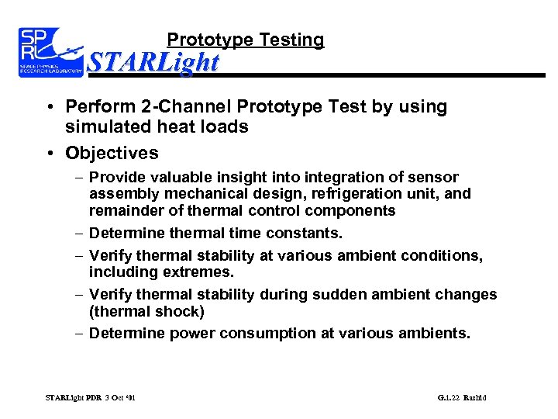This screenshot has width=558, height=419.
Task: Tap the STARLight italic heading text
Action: point(153,62)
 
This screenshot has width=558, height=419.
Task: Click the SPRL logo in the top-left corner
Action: point(50,53)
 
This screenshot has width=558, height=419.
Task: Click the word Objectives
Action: point(112,153)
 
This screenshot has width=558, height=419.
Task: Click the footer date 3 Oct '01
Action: point(118,398)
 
